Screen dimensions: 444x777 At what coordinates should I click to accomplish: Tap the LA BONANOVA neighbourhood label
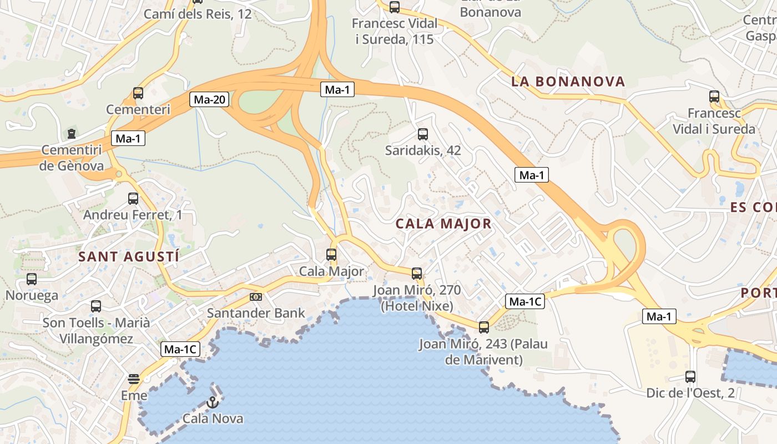pos(568,82)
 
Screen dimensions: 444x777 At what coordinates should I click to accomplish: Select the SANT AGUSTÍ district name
pos(129,256)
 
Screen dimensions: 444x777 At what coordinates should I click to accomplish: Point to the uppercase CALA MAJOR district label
pos(443,224)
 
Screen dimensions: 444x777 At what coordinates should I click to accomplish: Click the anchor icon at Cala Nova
pos(212,402)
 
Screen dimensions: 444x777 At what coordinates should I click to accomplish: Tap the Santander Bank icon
pos(256,297)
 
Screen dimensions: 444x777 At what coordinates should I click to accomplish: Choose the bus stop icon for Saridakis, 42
pos(423,134)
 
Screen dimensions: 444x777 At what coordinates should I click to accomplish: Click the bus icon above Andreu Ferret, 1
pos(133,198)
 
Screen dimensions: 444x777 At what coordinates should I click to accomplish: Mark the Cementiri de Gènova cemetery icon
pos(72,133)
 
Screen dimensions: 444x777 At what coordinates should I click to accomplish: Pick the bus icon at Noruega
pos(32,279)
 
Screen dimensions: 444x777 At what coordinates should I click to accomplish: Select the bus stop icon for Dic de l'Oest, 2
pos(690,377)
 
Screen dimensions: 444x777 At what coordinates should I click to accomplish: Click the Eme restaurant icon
pos(134,379)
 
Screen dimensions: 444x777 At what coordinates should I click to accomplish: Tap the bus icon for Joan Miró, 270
pos(417,273)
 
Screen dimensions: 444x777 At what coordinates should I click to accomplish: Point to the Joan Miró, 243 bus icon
pos(484,327)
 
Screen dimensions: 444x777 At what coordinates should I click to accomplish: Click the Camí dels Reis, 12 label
pos(198,14)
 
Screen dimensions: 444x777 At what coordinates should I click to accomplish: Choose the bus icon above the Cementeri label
pos(138,93)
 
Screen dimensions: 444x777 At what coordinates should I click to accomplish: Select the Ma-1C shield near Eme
pos(180,350)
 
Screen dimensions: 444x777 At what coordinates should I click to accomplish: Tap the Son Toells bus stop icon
pos(96,306)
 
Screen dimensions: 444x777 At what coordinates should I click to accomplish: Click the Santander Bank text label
pos(256,313)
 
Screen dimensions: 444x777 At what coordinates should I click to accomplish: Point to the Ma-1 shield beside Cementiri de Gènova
pos(128,139)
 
